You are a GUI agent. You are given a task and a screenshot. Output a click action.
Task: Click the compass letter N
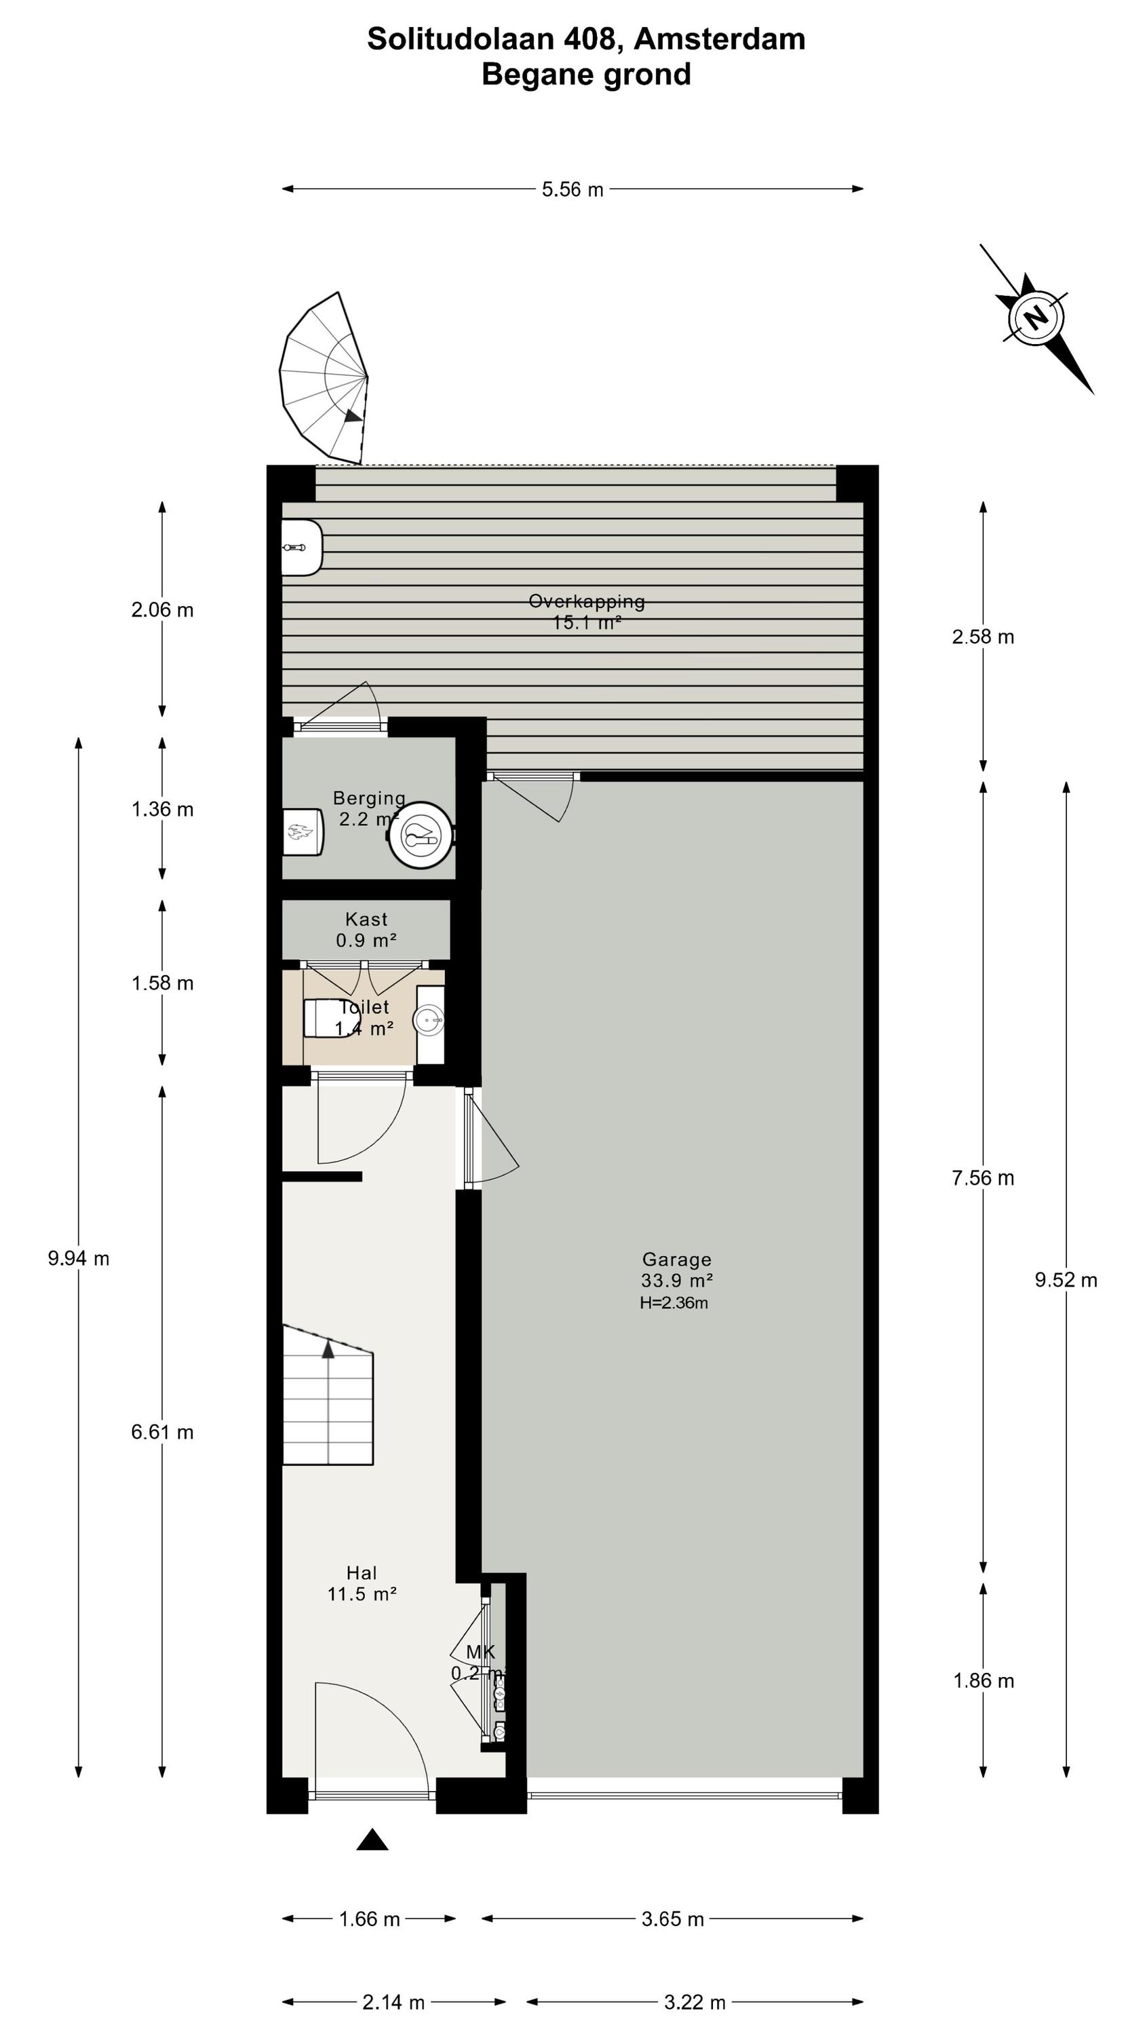[x=1036, y=318]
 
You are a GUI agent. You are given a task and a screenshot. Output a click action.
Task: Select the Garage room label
[x=676, y=1260]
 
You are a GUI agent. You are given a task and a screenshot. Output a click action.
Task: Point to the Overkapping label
[x=586, y=601]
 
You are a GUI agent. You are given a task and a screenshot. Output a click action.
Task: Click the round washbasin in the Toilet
[x=430, y=1020]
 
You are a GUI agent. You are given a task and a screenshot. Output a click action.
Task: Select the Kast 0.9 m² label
[x=366, y=930]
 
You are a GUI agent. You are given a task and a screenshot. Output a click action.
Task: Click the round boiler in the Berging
[x=421, y=835]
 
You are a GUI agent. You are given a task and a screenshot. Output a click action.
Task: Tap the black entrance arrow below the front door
[x=372, y=1840]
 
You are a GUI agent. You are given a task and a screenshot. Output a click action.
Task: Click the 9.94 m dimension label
[x=78, y=1258]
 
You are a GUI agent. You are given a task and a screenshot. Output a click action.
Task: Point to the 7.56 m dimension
[x=983, y=1177]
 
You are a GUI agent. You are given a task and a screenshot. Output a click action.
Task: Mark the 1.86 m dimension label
[x=983, y=1680]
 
